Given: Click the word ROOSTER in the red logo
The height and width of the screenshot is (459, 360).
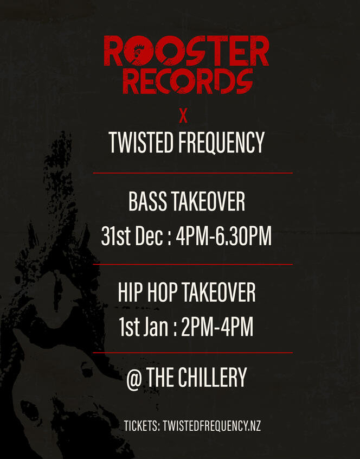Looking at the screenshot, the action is [187, 51].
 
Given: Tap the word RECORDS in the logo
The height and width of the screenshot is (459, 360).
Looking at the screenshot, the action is [188, 81].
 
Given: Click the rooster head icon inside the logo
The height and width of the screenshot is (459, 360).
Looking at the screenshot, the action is [138, 52].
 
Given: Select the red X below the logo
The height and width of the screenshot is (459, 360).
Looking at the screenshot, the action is [183, 117].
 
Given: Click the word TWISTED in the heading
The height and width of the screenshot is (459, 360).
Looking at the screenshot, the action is [141, 142].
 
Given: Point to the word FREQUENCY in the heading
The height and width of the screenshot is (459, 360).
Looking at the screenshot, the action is [221, 142].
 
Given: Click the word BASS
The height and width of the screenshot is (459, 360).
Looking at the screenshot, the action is [147, 201].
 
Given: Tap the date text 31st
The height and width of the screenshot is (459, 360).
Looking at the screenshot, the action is [115, 235].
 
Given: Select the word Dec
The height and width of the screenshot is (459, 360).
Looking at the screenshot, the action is [149, 235].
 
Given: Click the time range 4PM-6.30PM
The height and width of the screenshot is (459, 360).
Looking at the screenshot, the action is [224, 235].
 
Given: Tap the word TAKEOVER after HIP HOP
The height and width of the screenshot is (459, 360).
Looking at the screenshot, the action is [218, 292].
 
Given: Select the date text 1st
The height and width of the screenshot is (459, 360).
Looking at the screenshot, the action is [128, 327].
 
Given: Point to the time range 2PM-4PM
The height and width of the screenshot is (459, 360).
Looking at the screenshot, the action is [217, 327].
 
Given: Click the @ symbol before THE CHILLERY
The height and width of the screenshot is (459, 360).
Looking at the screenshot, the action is [134, 379].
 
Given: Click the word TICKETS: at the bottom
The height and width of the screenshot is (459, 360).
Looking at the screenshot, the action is [142, 425].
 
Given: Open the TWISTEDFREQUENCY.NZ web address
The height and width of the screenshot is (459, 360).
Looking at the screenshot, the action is [212, 425].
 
